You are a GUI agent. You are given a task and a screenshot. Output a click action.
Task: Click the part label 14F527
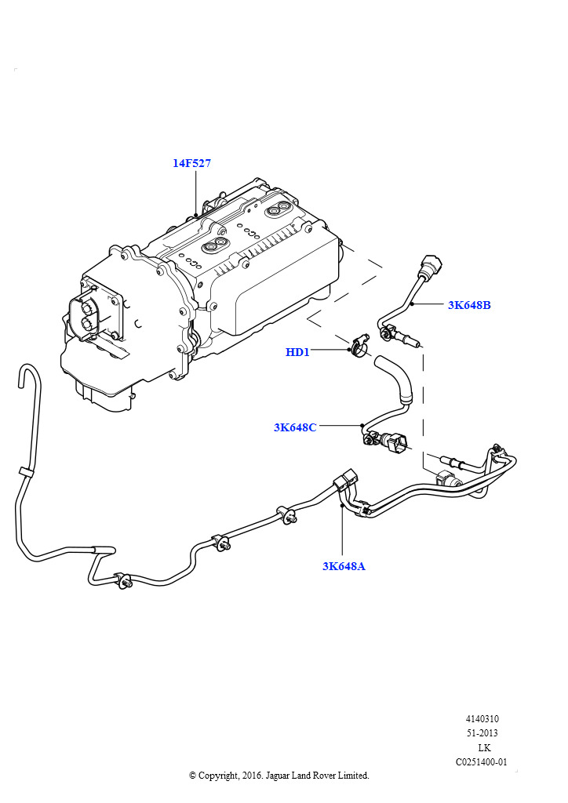coord(191,163)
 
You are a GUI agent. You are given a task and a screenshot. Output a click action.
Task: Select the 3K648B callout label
coord(469,305)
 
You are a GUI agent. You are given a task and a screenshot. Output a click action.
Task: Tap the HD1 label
coord(297,352)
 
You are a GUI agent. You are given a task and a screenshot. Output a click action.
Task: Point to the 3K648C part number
coord(295,427)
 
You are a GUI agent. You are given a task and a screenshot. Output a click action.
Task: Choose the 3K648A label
coord(344,565)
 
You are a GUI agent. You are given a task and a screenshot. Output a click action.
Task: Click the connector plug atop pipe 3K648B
coord(431,267)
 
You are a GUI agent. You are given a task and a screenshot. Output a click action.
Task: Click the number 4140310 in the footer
coord(482,719)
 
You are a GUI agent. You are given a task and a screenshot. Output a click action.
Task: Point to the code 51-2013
coord(482,733)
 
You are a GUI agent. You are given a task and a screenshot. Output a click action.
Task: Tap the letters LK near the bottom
coord(484,748)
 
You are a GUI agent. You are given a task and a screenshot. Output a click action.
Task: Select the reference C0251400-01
coord(482,762)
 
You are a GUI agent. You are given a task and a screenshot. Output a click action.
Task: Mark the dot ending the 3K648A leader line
coord(342,507)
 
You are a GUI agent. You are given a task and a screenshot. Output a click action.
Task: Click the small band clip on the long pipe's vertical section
coord(25,472)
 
